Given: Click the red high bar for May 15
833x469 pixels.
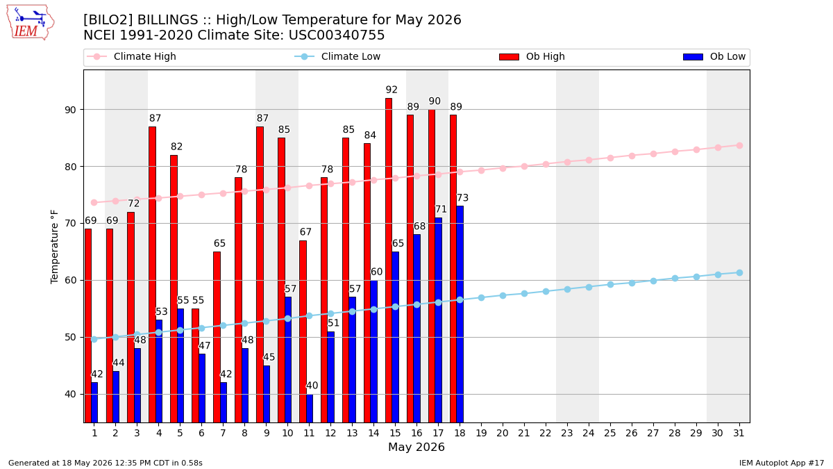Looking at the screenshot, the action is click(x=389, y=260).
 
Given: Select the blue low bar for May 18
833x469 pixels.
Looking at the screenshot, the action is click(x=460, y=314).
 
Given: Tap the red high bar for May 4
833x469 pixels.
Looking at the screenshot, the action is click(x=153, y=274).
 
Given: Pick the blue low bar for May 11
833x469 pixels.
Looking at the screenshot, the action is click(x=310, y=409).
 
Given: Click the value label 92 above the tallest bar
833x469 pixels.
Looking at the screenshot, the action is click(x=392, y=90).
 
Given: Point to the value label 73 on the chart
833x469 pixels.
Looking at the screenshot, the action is click(x=462, y=197).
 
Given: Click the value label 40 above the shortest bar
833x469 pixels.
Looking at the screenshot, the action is click(x=312, y=386).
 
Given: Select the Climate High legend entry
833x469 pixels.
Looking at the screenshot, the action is click(x=131, y=56).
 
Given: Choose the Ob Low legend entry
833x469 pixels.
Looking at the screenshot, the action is click(x=714, y=56).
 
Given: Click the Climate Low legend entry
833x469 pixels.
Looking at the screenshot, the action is click(x=337, y=56).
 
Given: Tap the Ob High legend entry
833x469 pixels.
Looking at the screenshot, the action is click(x=532, y=56).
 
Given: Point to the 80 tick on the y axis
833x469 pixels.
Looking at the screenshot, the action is click(x=71, y=167).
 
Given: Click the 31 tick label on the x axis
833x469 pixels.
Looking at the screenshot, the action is click(x=739, y=433).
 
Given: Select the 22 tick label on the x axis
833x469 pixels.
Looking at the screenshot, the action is click(x=546, y=433).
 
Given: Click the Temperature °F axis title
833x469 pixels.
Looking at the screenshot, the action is click(x=54, y=247).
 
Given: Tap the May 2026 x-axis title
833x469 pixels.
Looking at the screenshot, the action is click(x=416, y=447).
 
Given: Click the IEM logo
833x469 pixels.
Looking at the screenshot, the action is click(x=30, y=23).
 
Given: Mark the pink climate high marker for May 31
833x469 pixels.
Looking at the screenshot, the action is click(x=739, y=145).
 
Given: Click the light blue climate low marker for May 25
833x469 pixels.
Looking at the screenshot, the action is click(x=610, y=285).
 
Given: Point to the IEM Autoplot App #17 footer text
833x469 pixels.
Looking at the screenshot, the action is click(x=782, y=463).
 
